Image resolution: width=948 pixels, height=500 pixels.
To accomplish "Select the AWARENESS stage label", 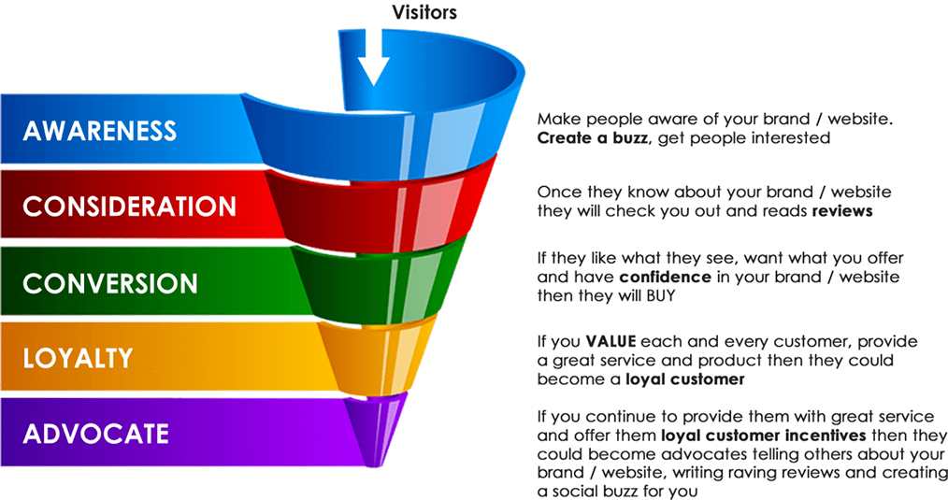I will pos(100,130).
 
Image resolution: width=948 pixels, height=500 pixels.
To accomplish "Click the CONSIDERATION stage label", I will pos(130,207).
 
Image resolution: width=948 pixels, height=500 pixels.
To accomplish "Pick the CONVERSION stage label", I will pos(110,282).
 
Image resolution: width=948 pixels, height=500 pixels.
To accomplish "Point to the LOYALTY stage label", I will pos(79,358).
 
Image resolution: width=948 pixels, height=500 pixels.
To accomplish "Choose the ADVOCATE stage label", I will pos(96,434).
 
